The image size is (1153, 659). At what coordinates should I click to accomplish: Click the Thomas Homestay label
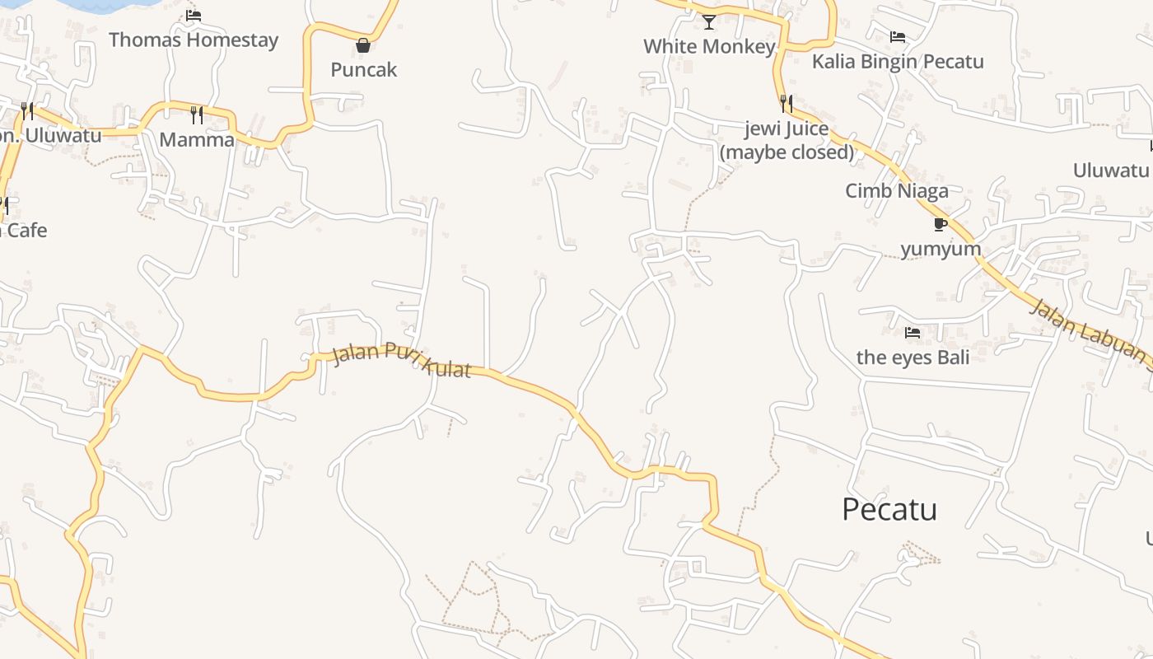(194, 40)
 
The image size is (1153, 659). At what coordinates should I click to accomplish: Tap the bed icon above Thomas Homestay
(194, 15)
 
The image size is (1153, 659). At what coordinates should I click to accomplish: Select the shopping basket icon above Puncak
(363, 45)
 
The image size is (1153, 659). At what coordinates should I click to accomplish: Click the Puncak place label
(364, 70)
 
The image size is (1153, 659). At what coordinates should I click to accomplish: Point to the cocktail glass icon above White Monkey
(709, 22)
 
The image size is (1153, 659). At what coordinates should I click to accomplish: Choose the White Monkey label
(709, 46)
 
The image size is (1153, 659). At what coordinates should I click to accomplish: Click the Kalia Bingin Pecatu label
(898, 62)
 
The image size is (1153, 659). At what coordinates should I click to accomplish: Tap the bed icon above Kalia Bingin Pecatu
(898, 37)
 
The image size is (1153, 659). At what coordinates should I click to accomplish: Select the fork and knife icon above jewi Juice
(787, 104)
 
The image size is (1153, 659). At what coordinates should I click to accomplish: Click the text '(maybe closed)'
(787, 152)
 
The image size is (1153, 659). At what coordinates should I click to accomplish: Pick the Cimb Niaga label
(897, 191)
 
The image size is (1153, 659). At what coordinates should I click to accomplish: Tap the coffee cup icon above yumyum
(941, 224)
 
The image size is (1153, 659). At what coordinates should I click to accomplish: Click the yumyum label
(941, 249)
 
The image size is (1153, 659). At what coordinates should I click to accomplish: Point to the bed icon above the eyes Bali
(913, 333)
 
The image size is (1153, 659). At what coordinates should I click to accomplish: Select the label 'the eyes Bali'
(913, 358)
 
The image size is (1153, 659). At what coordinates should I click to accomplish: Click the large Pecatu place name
(889, 510)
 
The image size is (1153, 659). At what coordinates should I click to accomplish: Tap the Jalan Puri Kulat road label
(401, 362)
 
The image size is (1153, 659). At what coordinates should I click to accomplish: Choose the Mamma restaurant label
(197, 139)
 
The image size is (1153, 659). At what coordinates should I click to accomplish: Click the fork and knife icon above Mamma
(197, 115)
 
